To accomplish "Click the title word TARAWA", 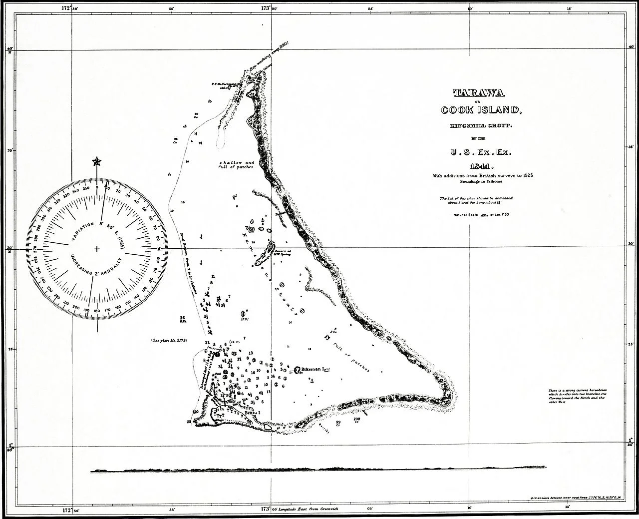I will (479, 92).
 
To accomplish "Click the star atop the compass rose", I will (96, 161).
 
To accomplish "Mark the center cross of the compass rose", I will (96, 248).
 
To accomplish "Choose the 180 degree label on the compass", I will (96, 311).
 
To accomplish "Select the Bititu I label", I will (252, 413).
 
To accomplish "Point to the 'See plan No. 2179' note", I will (169, 341).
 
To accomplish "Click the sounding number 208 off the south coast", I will (356, 419).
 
